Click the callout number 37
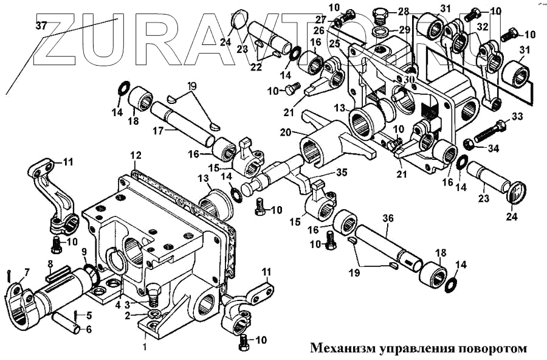pos(41,26)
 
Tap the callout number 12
pos(136,157)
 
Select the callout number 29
pos(404,29)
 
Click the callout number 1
pos(144,347)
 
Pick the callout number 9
pos(84,252)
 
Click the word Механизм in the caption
pos(342,349)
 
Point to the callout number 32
pos(483,27)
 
